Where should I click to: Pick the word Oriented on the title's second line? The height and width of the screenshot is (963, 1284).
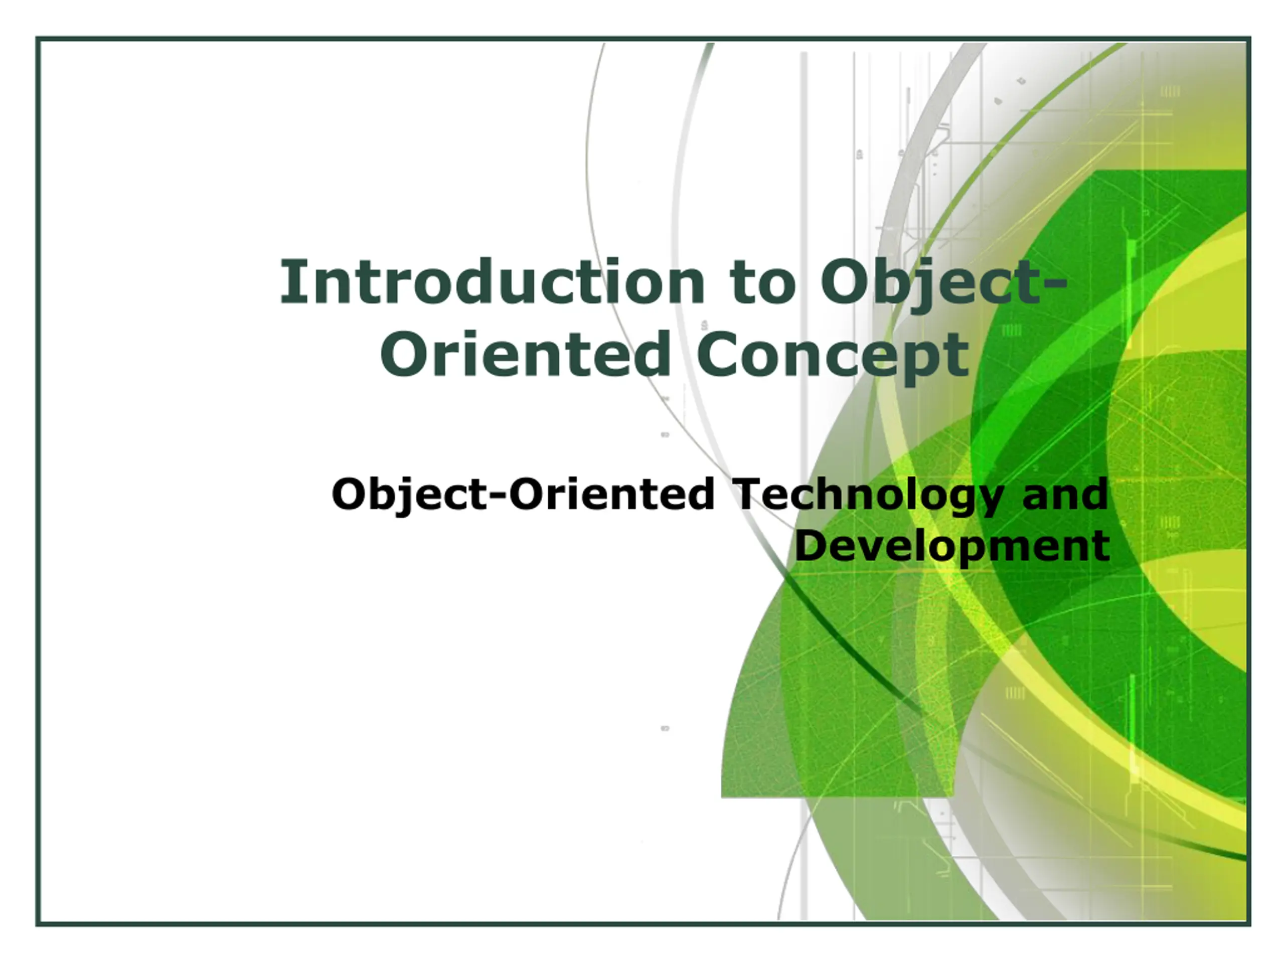[x=527, y=354]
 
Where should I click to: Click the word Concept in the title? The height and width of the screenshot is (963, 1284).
[x=833, y=355]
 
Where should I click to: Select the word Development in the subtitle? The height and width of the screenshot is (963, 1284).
[x=952, y=547]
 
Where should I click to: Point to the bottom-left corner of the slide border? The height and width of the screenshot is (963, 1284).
[x=38, y=923]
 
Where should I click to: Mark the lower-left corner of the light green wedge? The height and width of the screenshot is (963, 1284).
[x=722, y=796]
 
